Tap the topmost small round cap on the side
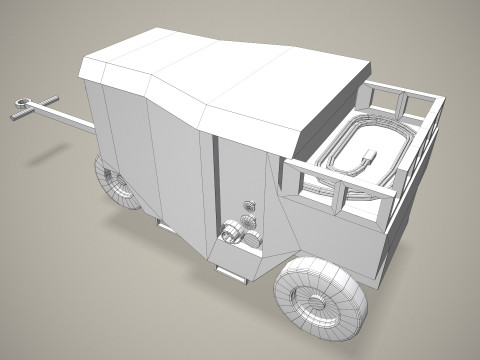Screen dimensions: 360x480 [249, 206]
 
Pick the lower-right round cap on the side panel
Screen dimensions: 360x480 [256, 238]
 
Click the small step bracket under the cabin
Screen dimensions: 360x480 [230, 271]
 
